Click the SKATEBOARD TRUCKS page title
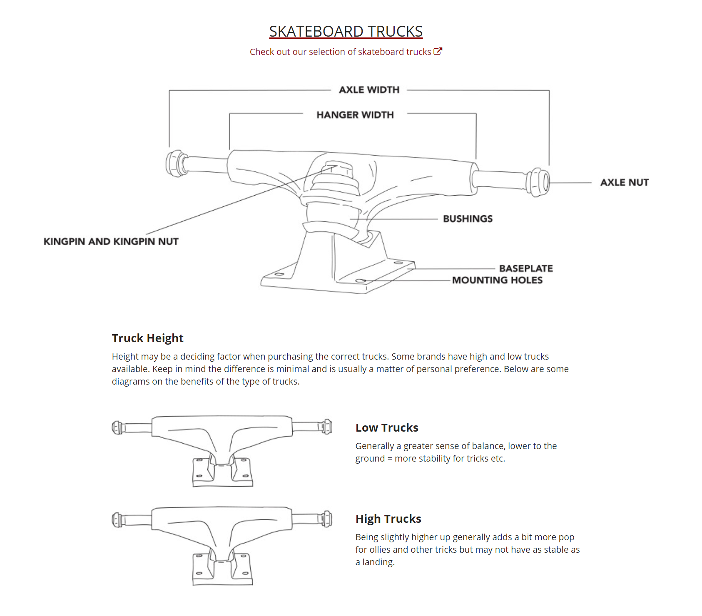(346, 32)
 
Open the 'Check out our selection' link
(340, 52)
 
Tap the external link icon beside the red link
(438, 52)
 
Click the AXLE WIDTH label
(369, 90)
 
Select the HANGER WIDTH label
(355, 115)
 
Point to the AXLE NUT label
(624, 182)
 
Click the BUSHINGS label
(468, 219)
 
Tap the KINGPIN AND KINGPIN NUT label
(111, 242)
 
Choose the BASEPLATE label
(526, 268)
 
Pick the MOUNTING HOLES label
(497, 280)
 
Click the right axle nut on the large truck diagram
(538, 182)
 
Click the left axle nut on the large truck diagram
(175, 163)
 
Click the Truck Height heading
(147, 338)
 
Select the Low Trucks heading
(387, 428)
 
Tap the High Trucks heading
(388, 519)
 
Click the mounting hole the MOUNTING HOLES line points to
(361, 281)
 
